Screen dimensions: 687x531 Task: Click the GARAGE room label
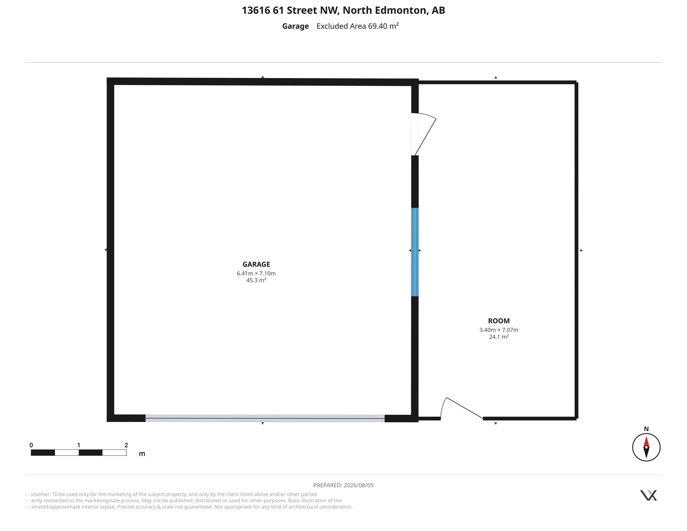tap(256, 264)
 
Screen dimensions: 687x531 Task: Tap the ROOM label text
tap(499, 321)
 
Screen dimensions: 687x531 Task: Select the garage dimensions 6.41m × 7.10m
tap(256, 273)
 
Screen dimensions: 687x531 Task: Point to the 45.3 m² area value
tap(256, 280)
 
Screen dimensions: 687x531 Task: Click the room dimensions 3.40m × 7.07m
tap(499, 330)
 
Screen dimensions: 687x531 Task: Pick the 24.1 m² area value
tap(499, 337)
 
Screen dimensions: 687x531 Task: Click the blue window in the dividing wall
tap(415, 252)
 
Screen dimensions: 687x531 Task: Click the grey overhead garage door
tap(265, 418)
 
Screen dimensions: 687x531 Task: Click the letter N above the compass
tap(646, 429)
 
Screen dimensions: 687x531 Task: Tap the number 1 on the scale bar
tap(79, 445)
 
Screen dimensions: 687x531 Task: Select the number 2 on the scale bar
tap(126, 445)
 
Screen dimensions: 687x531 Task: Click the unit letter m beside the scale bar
tap(142, 454)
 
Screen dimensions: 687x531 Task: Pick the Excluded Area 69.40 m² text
tap(358, 26)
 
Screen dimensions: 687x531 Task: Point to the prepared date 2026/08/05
tap(358, 485)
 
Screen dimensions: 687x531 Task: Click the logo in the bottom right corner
tap(649, 495)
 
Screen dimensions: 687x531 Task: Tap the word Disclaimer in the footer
tap(38, 494)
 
